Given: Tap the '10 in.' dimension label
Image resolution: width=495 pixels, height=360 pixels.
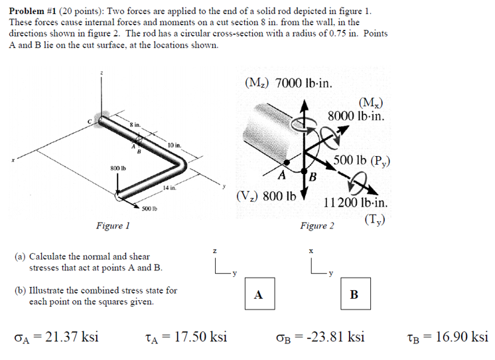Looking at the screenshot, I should (175, 144).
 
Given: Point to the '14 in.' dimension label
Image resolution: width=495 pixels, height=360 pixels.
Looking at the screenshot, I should (169, 188).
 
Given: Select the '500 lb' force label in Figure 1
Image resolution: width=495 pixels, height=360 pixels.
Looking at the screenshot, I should (149, 209).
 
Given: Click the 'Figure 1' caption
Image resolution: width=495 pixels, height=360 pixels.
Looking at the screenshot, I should (113, 226).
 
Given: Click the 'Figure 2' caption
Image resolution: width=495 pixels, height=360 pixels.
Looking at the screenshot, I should (317, 226).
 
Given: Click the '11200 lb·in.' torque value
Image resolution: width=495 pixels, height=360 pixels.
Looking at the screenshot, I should (356, 203).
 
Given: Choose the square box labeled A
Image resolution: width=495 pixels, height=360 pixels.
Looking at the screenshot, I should (259, 294).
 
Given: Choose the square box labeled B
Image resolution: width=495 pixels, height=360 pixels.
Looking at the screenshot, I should (353, 294).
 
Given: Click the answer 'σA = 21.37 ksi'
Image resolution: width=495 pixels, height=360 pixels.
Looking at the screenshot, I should (56, 337).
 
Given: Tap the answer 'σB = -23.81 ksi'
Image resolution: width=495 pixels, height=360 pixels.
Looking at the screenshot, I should (320, 337).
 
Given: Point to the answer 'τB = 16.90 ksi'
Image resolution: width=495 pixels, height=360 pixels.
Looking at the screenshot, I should (447, 337).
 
